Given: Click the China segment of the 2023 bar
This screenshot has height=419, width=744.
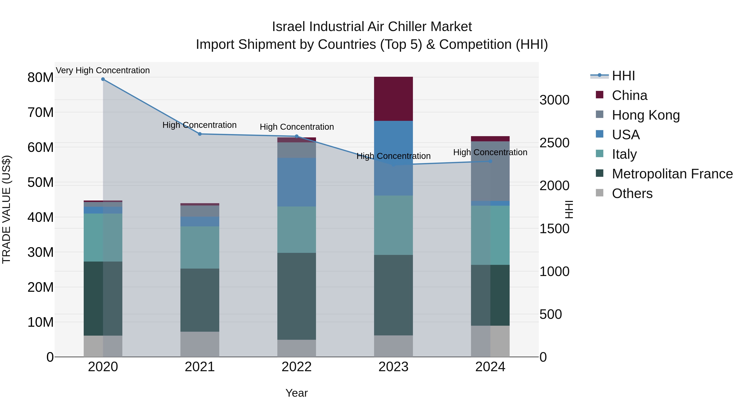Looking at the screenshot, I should (x=393, y=99).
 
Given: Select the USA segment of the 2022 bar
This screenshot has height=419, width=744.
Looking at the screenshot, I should (x=297, y=182).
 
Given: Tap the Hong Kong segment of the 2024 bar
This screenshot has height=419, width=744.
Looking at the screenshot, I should (x=490, y=171).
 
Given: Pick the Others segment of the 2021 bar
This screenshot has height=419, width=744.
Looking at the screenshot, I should (x=200, y=344).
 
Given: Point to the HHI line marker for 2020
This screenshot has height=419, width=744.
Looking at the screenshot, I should (x=103, y=79).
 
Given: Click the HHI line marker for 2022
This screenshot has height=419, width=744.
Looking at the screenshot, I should (x=297, y=136).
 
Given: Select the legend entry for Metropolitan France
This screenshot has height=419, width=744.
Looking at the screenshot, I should (x=672, y=174).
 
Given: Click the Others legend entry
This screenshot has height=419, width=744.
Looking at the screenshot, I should (x=632, y=193).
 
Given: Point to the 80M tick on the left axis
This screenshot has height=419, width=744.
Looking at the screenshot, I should (x=41, y=78).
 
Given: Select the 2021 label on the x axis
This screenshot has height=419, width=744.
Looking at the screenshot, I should (x=200, y=367).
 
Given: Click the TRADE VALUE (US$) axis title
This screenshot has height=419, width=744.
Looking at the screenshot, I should (x=6, y=209).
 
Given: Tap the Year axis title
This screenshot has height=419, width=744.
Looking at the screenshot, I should (x=297, y=393).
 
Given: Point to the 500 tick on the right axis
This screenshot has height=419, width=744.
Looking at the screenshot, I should (x=551, y=314).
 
